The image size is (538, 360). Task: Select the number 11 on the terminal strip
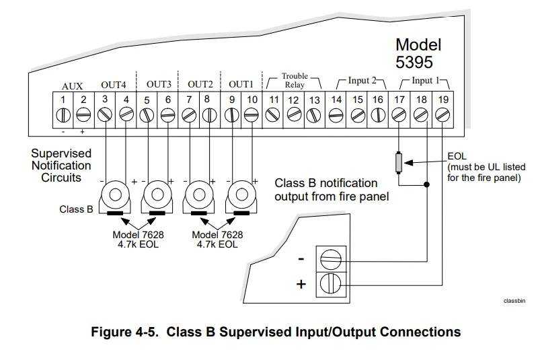[x=274, y=100]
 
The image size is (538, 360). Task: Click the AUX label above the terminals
[x=72, y=86]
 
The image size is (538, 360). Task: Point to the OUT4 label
[x=114, y=85]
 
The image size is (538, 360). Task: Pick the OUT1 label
[x=241, y=85]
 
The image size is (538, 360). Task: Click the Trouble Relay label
[x=294, y=81]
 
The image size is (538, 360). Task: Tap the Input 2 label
[x=358, y=81]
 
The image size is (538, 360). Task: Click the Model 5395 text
[x=418, y=54]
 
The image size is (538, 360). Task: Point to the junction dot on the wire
[x=427, y=184]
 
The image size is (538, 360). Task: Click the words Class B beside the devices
[x=76, y=209]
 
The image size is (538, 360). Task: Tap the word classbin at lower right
[x=513, y=301]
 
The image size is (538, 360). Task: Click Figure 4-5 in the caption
[x=126, y=332]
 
